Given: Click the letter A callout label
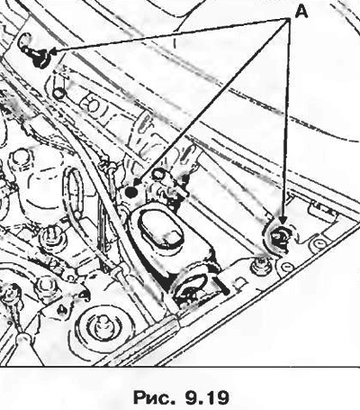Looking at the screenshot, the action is point(301,13).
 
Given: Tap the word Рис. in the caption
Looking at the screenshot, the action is point(154,396).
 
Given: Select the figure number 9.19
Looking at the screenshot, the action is point(206,396).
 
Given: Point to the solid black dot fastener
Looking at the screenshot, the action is point(131,192).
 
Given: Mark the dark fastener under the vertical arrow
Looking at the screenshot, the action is point(279,235).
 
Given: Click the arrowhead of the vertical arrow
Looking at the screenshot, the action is point(283,221).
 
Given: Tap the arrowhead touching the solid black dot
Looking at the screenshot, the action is point(137,182).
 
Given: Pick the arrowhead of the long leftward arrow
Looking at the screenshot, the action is point(53,51).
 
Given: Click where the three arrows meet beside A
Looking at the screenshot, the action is point(288,19).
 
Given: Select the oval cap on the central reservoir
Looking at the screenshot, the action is point(161,229).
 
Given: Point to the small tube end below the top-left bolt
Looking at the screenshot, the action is point(59,93).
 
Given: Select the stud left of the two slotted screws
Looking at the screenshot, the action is point(260,265).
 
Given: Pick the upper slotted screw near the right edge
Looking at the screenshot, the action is point(319,242).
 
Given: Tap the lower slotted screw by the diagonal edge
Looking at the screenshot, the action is point(287,266).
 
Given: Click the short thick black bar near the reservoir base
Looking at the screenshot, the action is point(220,287).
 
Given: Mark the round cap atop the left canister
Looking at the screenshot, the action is point(21,157).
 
